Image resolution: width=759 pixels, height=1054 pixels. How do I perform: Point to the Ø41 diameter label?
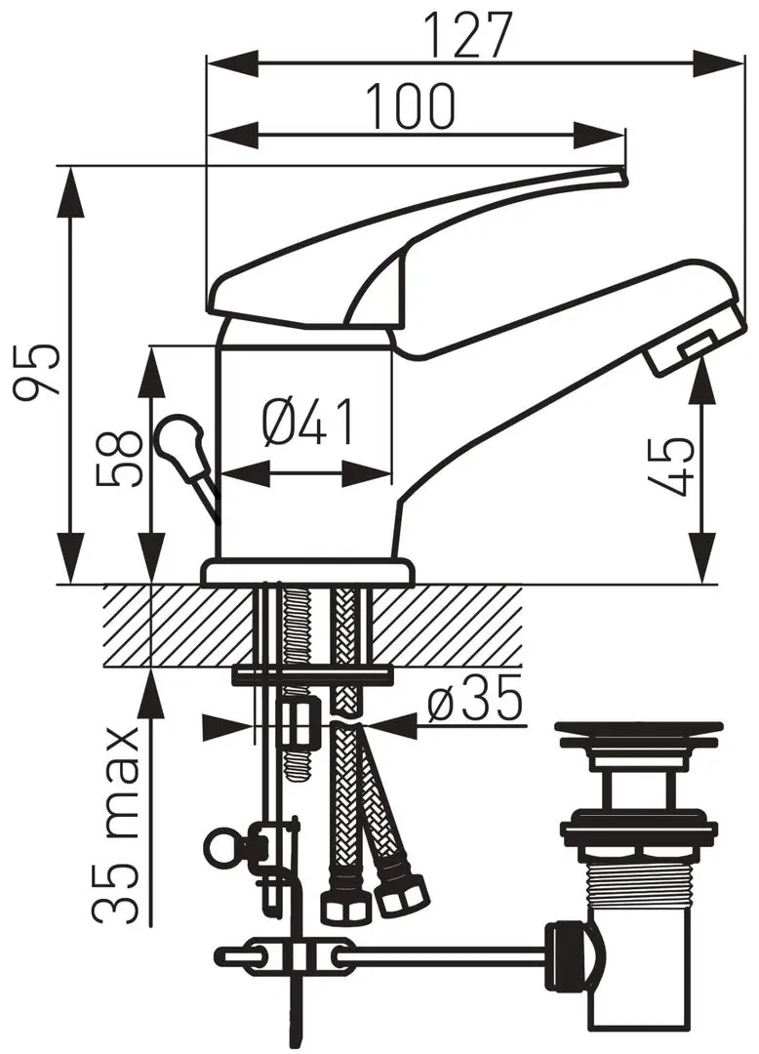(x=307, y=423)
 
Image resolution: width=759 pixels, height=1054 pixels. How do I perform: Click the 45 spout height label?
(x=673, y=466)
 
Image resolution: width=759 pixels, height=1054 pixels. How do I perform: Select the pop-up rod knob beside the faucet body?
(x=179, y=439)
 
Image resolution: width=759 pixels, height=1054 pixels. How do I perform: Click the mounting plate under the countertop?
(x=312, y=674)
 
